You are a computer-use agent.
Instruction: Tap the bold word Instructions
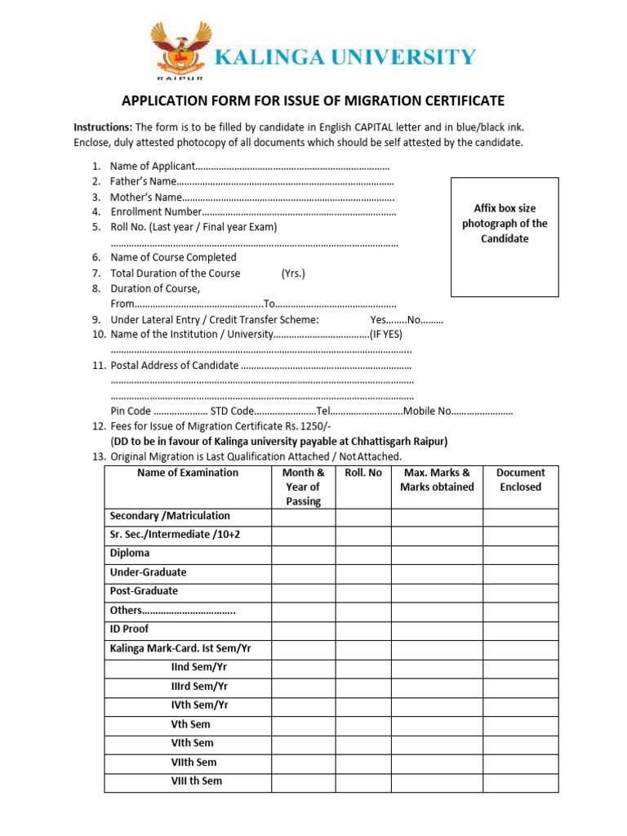click(x=103, y=127)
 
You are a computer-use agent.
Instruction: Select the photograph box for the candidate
click(x=504, y=236)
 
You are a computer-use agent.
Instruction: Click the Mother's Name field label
click(x=146, y=197)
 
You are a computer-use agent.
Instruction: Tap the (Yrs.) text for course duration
click(x=293, y=273)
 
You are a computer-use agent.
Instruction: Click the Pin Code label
click(x=131, y=411)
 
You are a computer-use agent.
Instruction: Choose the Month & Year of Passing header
click(x=303, y=487)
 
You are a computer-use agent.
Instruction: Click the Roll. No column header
click(x=363, y=473)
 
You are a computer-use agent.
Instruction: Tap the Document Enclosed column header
click(x=520, y=479)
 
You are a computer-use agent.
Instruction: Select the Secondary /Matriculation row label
click(x=170, y=516)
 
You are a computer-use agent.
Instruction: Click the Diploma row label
click(x=130, y=554)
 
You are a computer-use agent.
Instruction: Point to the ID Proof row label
click(x=129, y=629)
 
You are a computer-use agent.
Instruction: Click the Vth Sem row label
click(x=190, y=724)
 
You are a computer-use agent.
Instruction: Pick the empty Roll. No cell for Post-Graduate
click(x=363, y=591)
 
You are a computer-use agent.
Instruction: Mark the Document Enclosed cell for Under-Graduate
click(x=520, y=572)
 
